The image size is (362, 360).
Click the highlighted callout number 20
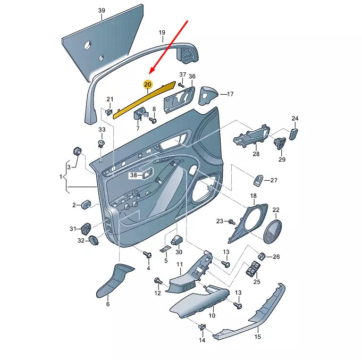coord(148,84)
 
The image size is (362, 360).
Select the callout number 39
coord(102,11)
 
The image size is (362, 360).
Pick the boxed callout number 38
coord(134,174)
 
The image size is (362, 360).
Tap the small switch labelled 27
coord(258,181)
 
